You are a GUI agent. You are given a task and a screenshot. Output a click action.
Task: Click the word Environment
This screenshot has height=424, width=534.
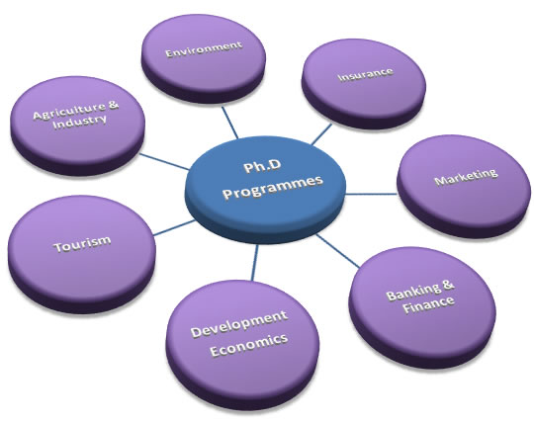pos(204,49)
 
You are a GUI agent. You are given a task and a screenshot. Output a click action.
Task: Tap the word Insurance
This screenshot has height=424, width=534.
pos(366,74)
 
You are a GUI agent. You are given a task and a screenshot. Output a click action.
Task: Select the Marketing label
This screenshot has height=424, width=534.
pos(466,176)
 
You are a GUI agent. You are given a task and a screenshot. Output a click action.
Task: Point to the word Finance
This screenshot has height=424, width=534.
pos(428,303)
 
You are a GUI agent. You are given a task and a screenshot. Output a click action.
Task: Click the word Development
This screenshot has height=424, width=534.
pos(239,324)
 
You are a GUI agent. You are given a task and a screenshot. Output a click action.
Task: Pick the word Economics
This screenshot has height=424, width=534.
pos(249,345)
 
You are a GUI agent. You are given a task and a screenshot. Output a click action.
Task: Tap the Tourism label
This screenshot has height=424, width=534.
pos(82,243)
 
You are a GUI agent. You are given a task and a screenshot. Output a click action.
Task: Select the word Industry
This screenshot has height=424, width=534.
pos(80,122)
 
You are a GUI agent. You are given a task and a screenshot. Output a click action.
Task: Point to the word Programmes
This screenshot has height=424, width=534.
pos(273,187)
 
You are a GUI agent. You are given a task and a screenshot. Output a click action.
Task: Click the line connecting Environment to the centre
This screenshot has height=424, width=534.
pos(229,123)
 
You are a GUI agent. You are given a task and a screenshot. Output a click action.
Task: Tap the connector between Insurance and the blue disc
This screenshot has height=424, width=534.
pos(321,134)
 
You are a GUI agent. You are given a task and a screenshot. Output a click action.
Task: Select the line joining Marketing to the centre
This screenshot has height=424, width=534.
pos(371,195)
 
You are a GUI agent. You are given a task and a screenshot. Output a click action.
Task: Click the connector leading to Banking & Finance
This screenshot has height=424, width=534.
pos(338,250)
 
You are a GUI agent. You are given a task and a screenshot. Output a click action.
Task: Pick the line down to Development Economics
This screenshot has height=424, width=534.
pos(255,262)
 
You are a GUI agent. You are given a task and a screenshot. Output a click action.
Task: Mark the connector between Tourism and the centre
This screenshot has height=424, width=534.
pos(174,227)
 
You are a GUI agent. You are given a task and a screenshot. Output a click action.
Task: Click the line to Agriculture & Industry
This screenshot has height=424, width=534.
pos(164,161)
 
